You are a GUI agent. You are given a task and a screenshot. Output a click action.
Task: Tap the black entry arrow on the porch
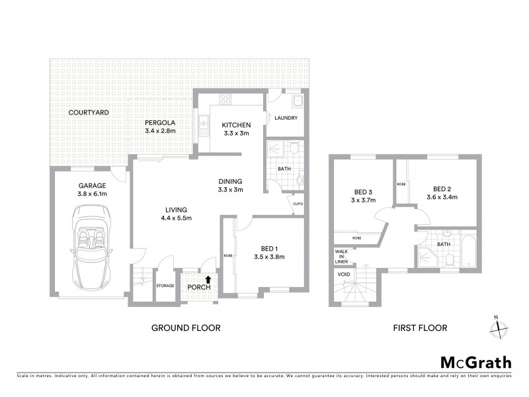click(x=209, y=280)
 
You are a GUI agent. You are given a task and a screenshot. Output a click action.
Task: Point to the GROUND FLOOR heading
click(x=186, y=328)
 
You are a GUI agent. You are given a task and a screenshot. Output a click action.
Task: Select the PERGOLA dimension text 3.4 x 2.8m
click(x=162, y=131)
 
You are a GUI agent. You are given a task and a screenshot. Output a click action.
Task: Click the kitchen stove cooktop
click(x=225, y=101)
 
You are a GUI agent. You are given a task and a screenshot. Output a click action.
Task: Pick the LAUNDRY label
click(x=286, y=118)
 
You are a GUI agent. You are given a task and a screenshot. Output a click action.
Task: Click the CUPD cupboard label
click(x=298, y=204)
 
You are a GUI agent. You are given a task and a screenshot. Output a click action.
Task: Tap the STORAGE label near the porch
click(x=165, y=285)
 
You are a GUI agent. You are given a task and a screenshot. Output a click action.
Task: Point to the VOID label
click(x=344, y=274)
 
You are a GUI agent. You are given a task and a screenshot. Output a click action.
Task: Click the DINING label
click(x=231, y=181)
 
